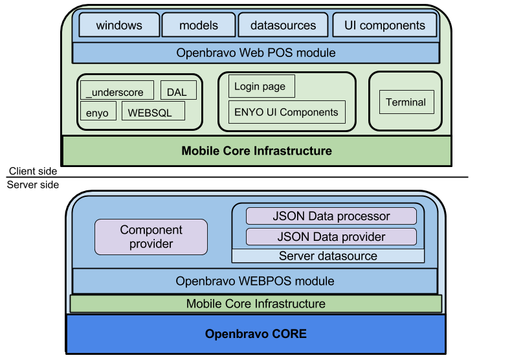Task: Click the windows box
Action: [x=119, y=25]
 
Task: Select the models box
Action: [x=199, y=25]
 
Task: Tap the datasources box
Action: [x=283, y=25]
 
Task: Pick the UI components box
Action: [x=384, y=25]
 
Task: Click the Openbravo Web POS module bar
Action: [x=256, y=52]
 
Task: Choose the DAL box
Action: [x=177, y=91]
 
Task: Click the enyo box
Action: [x=98, y=111]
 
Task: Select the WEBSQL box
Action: [x=153, y=111]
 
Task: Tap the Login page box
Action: [x=261, y=86]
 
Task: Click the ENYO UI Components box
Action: [x=286, y=112]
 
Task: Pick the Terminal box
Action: [x=406, y=102]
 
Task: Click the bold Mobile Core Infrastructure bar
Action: [x=256, y=151]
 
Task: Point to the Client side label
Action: [x=32, y=172]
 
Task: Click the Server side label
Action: [x=32, y=185]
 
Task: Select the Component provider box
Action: [x=151, y=237]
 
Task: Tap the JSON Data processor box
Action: [x=331, y=216]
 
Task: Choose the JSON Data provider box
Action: [x=331, y=236]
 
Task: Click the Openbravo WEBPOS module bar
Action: [x=255, y=282]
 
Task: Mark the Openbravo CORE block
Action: [x=256, y=334]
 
